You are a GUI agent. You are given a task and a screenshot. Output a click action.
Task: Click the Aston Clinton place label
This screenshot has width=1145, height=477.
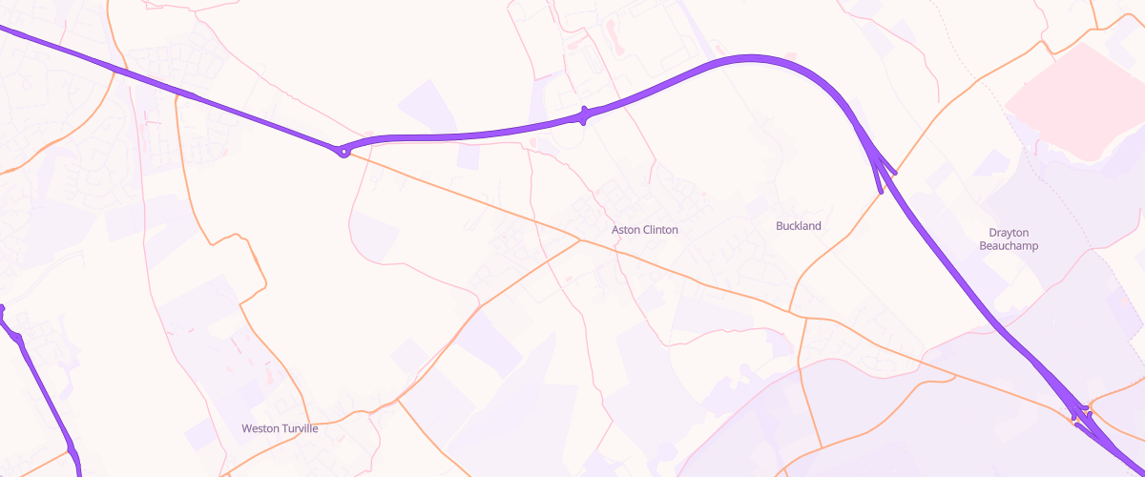[645, 230]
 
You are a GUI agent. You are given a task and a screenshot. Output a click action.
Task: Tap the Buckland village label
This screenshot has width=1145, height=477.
[799, 226]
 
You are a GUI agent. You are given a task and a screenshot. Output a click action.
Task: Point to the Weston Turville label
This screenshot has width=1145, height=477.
[280, 428]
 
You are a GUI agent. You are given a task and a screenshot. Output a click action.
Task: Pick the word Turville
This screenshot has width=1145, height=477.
[300, 428]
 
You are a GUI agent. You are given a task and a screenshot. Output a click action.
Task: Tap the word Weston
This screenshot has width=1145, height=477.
[260, 428]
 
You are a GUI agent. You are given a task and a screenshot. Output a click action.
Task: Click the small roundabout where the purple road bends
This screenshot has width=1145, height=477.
[343, 151]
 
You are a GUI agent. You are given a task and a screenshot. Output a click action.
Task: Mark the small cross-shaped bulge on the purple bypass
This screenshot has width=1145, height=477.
[584, 116]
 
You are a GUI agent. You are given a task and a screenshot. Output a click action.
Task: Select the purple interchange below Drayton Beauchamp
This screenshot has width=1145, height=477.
[1083, 415]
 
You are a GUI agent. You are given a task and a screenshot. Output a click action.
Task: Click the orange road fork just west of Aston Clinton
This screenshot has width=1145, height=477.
[579, 239]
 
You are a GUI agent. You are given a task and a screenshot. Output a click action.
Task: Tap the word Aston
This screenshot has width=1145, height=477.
[625, 230]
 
